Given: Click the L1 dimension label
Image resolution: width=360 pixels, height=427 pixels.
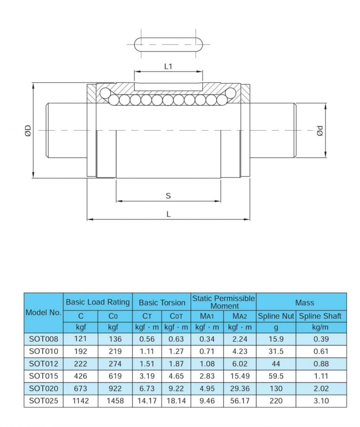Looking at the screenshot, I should [168, 66].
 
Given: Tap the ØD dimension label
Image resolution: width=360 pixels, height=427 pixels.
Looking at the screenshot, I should [28, 130].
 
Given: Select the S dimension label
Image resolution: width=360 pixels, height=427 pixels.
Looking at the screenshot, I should [168, 196].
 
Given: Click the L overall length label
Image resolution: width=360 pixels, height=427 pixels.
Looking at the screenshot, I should [168, 214].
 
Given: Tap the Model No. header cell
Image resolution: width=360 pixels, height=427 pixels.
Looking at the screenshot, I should [43, 313].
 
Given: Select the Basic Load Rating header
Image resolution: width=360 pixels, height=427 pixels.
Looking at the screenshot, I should [98, 302].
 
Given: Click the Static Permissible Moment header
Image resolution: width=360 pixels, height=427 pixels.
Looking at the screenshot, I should [224, 302].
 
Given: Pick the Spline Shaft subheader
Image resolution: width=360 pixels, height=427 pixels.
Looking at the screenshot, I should [320, 316].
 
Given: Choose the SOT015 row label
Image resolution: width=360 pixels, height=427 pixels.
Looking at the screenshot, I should [43, 376].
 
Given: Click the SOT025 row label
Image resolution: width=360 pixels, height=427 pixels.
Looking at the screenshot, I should [43, 401].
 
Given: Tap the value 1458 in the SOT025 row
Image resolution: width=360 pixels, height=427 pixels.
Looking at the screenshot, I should [115, 401].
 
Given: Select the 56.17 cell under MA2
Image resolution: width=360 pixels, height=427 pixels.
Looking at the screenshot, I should [240, 401].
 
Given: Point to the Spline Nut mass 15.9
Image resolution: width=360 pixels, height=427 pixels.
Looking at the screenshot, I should [275, 339].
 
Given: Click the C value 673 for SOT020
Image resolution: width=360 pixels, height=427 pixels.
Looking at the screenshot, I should [80, 388].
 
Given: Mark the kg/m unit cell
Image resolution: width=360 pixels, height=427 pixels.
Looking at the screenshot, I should [320, 328].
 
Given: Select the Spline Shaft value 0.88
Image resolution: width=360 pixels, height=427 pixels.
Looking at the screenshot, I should [320, 364].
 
